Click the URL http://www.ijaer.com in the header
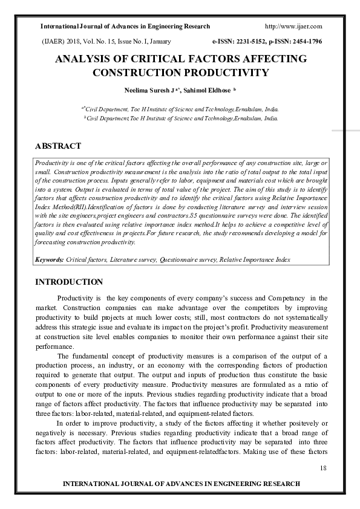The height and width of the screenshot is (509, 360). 293,27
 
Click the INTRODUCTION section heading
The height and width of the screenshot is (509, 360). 69,282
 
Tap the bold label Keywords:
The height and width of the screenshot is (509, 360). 49,259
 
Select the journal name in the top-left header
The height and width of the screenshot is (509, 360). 125,27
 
